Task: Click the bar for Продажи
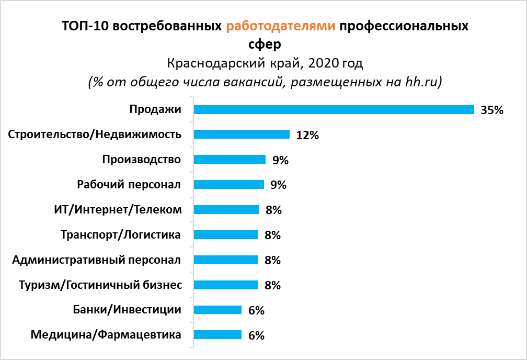tap(334, 109)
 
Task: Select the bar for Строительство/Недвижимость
tap(242, 134)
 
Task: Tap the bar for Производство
tap(230, 160)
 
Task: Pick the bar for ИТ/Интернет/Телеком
tap(226, 209)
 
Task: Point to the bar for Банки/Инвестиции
tap(217, 310)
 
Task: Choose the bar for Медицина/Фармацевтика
tap(217, 335)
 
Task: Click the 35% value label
tap(492, 110)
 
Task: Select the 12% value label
tap(307, 135)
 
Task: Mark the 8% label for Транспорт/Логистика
tap(273, 235)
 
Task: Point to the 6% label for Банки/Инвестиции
tap(256, 310)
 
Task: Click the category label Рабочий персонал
tap(129, 184)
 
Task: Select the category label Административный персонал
tap(97, 260)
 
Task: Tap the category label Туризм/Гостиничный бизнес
tap(100, 285)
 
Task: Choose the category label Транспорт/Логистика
tap(121, 234)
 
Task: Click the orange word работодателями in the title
tap(281, 26)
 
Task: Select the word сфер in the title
tap(263, 44)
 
